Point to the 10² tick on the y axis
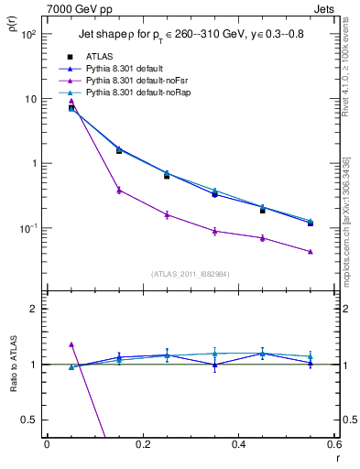pos(28,34)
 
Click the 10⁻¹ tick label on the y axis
pos(27,228)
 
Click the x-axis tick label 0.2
pos(142,443)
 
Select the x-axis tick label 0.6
pos(334,443)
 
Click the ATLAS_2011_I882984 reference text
pos(190,273)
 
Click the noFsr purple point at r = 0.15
pos(119,190)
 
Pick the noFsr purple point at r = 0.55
pos(311,252)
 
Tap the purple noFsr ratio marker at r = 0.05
pos(71,344)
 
